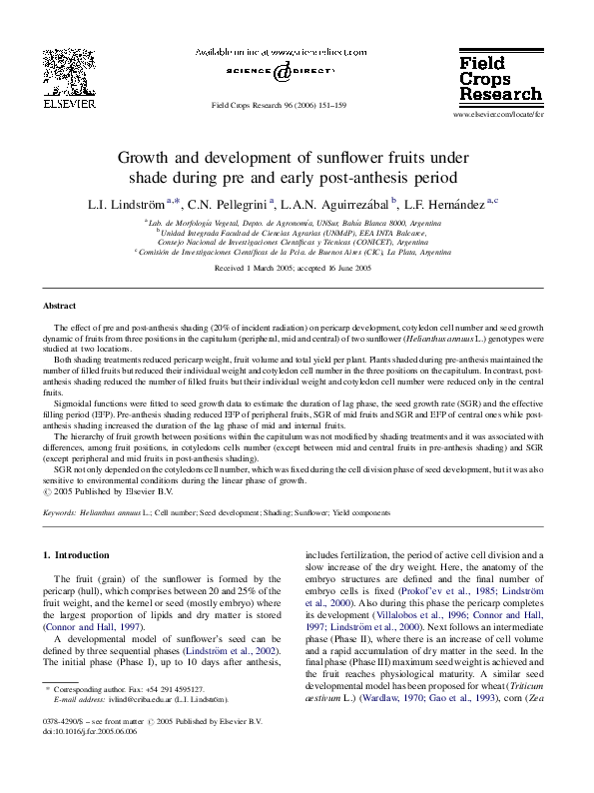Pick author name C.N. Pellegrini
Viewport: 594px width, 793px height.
tap(228, 204)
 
